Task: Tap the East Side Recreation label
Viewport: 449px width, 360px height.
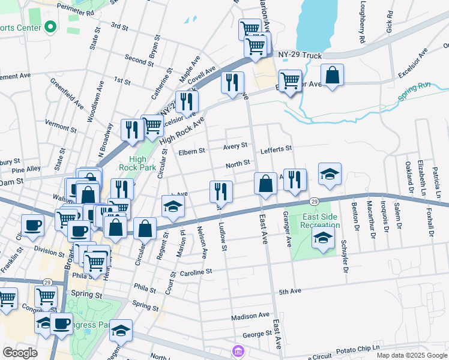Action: point(321,221)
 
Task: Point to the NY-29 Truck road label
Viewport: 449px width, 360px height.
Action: point(300,55)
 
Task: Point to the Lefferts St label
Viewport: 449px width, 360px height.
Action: point(276,148)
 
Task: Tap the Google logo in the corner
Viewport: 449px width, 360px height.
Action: point(19,352)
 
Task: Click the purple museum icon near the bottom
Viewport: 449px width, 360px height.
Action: point(238,350)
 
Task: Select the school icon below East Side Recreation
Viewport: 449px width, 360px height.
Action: point(323,239)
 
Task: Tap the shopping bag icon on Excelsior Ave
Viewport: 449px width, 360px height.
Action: point(331,75)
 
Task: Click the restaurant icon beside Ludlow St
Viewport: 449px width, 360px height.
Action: point(221,191)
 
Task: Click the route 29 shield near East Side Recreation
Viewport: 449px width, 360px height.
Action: point(314,202)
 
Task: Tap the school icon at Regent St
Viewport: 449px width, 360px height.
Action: point(172,206)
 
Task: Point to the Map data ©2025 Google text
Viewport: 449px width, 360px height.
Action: point(412,355)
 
